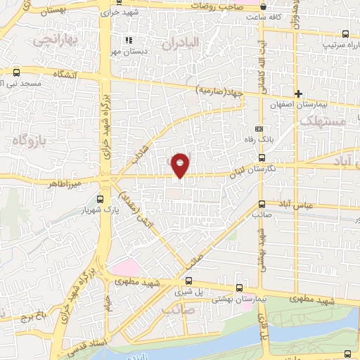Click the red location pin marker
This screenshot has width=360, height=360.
point(180,164)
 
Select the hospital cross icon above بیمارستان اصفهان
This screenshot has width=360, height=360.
point(298,94)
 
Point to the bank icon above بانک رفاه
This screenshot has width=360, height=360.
point(259,129)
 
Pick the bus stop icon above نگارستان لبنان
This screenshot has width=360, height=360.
point(262,158)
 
